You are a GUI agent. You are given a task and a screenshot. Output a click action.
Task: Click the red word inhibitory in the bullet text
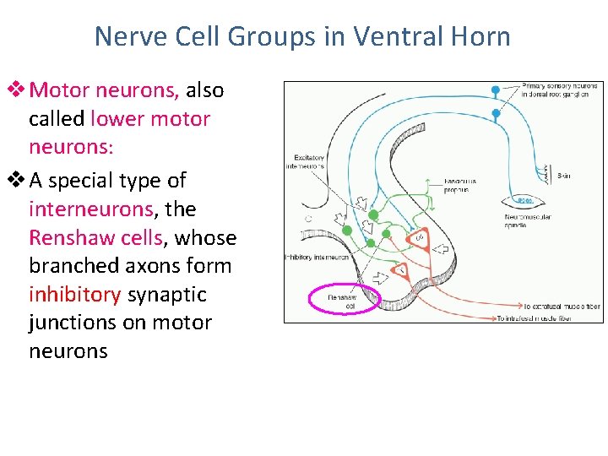coord(75,294)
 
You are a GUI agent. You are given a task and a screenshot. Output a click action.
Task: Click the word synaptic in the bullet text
coord(166,294)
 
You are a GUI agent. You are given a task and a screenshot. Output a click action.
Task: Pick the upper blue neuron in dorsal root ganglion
coord(496,89)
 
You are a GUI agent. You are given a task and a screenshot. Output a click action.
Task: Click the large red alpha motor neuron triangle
coord(419,239)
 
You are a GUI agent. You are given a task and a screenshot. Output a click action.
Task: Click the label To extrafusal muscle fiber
coord(562,307)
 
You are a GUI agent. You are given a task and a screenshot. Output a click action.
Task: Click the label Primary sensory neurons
coord(560,90)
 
